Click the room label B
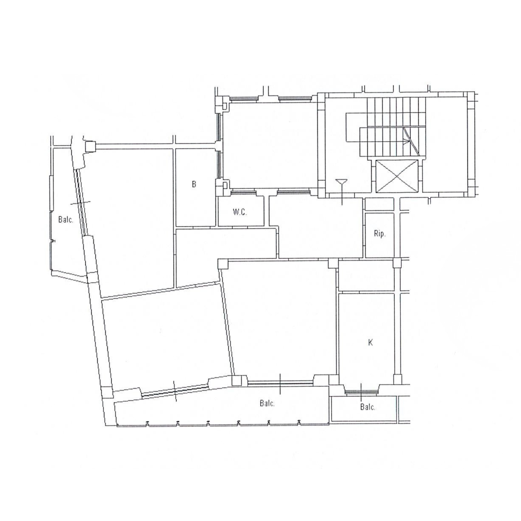pyautogui.click(x=194, y=184)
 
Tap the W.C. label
pyautogui.click(x=240, y=212)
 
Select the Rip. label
pyautogui.click(x=380, y=234)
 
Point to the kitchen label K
pyautogui.click(x=371, y=343)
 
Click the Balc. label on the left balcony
pyautogui.click(x=66, y=220)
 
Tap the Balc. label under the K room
pyautogui.click(x=368, y=407)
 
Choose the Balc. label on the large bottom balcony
pyautogui.click(x=267, y=403)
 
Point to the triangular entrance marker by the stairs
pyautogui.click(x=342, y=182)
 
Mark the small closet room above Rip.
pyautogui.click(x=379, y=204)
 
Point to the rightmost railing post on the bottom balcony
pyautogui.click(x=299, y=422)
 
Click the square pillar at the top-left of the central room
pyautogui.click(x=223, y=264)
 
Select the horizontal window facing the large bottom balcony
pyautogui.click(x=280, y=382)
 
